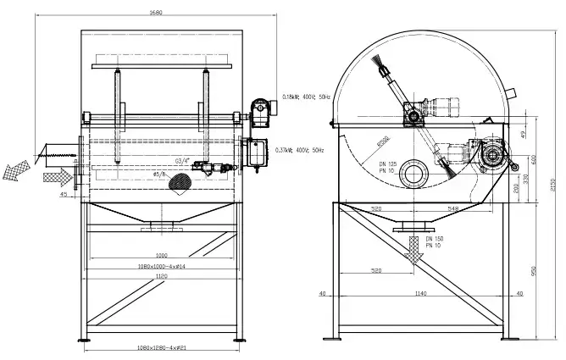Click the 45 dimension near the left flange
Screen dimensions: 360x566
click(x=64, y=194)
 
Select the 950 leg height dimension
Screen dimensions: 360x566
click(x=533, y=271)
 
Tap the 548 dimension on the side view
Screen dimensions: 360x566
click(x=453, y=208)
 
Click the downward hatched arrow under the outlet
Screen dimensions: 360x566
click(x=414, y=248)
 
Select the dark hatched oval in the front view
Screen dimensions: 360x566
click(x=182, y=180)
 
